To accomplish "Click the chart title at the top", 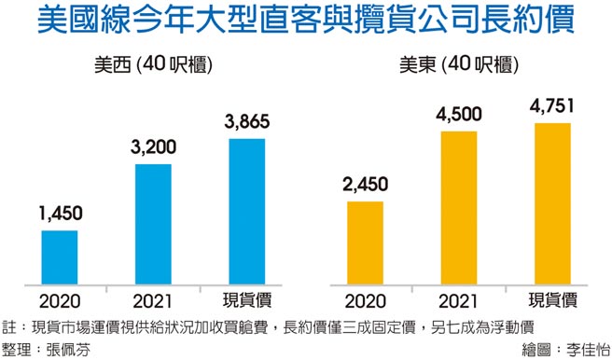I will tap(306, 21).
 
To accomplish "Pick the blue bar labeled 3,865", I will tap(246, 211).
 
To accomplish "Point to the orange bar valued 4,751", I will tap(551, 203).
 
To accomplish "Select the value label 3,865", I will tap(246, 123).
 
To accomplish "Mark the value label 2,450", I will tap(365, 186).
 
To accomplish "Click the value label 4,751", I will tap(551, 107).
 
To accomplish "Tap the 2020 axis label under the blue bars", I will tap(59, 300).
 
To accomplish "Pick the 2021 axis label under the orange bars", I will tap(458, 300).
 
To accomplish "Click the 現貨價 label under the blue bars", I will tap(246, 300).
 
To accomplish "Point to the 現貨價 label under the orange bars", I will tap(551, 300).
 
